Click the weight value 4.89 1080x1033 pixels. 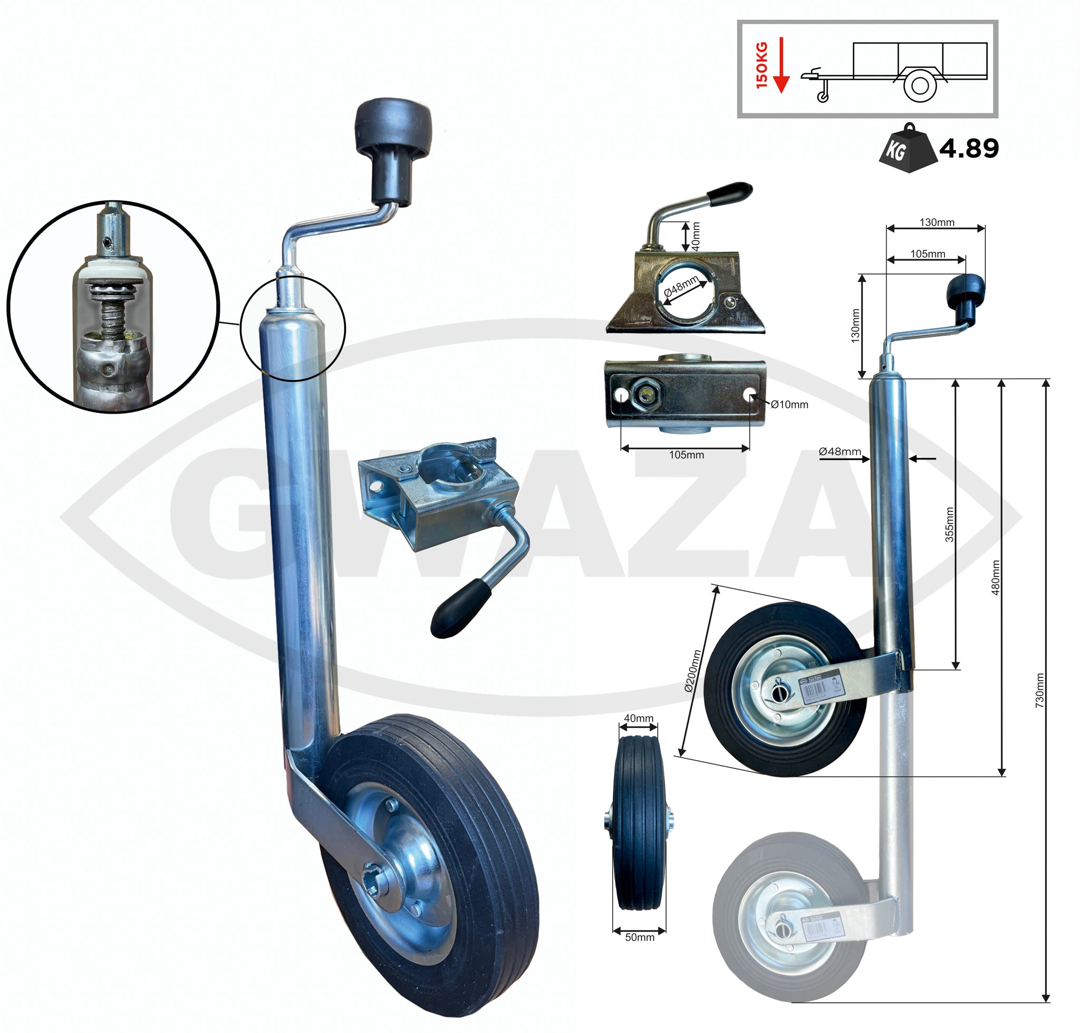[968, 148]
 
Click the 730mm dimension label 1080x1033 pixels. [1039, 691]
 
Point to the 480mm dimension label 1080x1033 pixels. [995, 578]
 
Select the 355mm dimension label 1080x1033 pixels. [950, 524]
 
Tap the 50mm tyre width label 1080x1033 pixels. [640, 937]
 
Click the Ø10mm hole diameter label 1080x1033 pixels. [789, 405]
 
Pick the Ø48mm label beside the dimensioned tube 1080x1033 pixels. [840, 452]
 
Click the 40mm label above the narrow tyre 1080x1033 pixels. [638, 718]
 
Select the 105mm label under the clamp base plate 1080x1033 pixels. [686, 455]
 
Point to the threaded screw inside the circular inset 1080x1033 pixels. [113, 314]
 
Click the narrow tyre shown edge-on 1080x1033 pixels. [639, 826]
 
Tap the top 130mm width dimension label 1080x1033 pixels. [937, 223]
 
